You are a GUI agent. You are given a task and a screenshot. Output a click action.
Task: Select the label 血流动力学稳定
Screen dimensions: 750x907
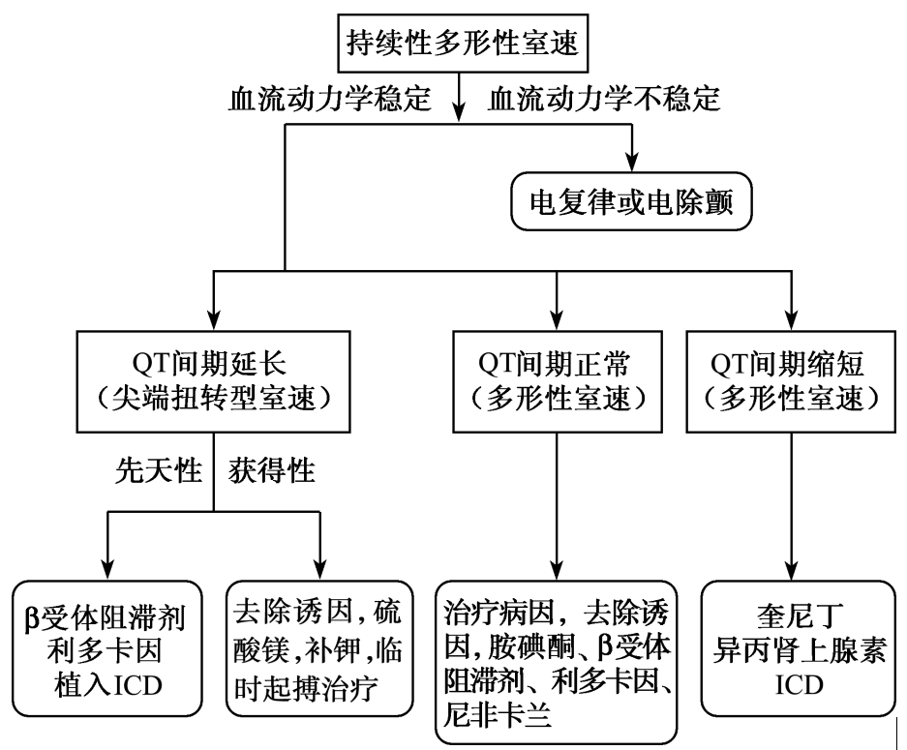[328, 101]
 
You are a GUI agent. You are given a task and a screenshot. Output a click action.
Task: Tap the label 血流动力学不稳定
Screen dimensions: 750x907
[606, 101]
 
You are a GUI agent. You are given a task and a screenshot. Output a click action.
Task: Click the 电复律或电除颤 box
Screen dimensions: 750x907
[633, 201]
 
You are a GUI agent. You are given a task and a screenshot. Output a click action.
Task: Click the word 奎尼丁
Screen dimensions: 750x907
[793, 615]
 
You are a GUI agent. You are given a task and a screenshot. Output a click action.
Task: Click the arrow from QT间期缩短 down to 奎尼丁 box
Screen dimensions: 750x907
[793, 503]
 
